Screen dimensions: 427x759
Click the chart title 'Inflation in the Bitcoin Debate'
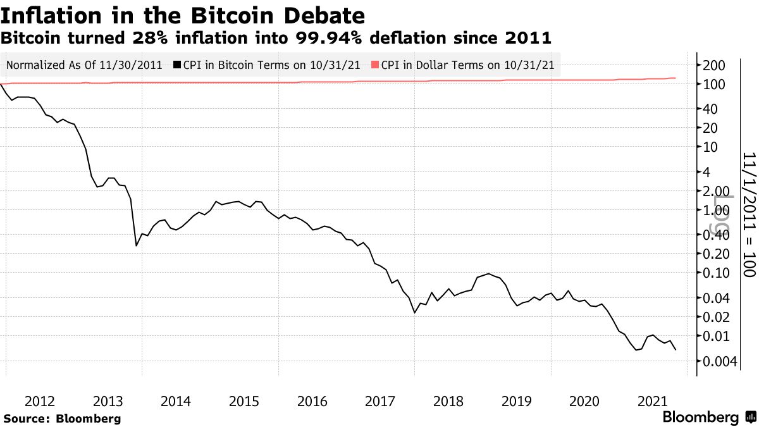click(x=183, y=15)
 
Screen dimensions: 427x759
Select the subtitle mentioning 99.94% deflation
click(x=276, y=38)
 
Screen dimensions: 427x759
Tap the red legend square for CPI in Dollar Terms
click(x=375, y=65)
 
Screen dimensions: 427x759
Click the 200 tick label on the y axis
click(x=713, y=65)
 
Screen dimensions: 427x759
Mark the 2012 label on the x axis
click(x=40, y=401)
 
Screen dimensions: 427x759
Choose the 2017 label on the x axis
click(x=380, y=401)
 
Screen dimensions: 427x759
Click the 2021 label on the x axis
click(x=652, y=401)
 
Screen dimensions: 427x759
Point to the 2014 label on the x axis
click(x=176, y=401)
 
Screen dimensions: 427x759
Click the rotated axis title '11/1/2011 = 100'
click(x=749, y=214)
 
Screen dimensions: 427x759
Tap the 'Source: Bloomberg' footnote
click(x=62, y=418)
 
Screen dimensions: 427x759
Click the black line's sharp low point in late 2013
click(x=137, y=245)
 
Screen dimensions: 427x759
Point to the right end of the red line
click(x=676, y=78)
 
